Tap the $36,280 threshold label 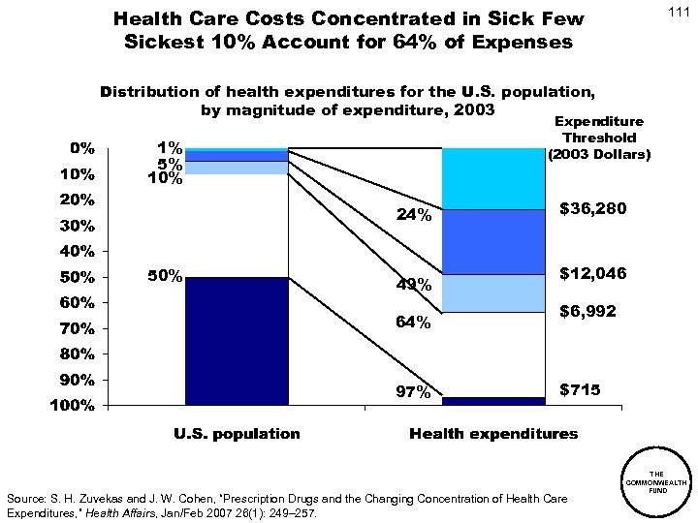[x=592, y=208]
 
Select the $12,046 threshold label [x=593, y=274]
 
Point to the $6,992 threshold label [x=589, y=312]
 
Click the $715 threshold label [x=581, y=389]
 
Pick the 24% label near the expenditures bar [x=414, y=216]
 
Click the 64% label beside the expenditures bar [x=414, y=323]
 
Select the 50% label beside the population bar [x=164, y=276]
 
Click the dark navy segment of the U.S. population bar [x=237, y=340]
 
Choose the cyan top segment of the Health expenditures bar [x=492, y=178]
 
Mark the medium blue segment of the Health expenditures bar [x=492, y=241]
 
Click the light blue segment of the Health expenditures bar [x=492, y=292]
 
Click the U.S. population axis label [x=237, y=434]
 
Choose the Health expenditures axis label [x=492, y=434]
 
